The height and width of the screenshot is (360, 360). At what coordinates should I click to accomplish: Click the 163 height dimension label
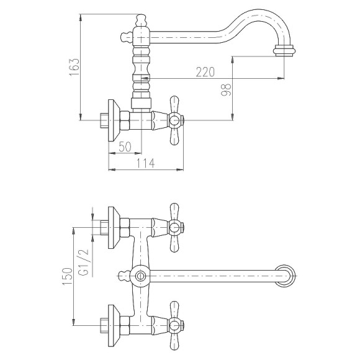tap(74, 67)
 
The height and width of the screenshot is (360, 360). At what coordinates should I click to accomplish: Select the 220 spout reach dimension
tap(205, 72)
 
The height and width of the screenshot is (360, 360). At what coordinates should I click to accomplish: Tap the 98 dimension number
tap(226, 90)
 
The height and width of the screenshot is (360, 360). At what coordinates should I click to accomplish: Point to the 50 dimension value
tap(125, 146)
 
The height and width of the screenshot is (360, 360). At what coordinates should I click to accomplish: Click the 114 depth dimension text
tap(146, 163)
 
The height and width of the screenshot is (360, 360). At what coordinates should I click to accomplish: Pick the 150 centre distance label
tap(68, 276)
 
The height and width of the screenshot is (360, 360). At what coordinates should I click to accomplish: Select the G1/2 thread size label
tap(83, 263)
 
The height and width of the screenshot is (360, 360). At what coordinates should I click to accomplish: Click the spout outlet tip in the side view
tap(284, 51)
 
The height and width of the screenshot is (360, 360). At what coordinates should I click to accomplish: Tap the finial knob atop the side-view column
tap(141, 20)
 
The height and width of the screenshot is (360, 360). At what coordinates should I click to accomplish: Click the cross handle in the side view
tap(174, 120)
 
